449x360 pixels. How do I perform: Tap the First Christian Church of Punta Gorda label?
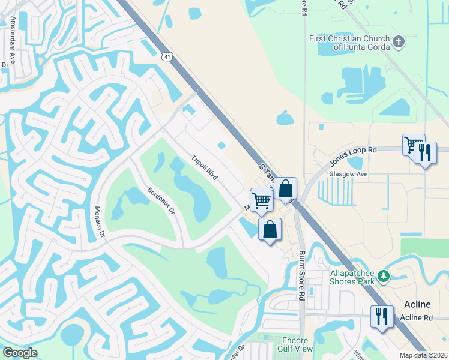(349, 43)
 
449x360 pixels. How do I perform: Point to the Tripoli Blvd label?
(204, 168)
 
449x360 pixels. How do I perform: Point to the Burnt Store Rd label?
(302, 276)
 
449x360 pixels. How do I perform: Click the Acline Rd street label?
(416, 317)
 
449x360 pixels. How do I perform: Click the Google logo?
(20, 353)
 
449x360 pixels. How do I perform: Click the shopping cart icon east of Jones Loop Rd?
(414, 145)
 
